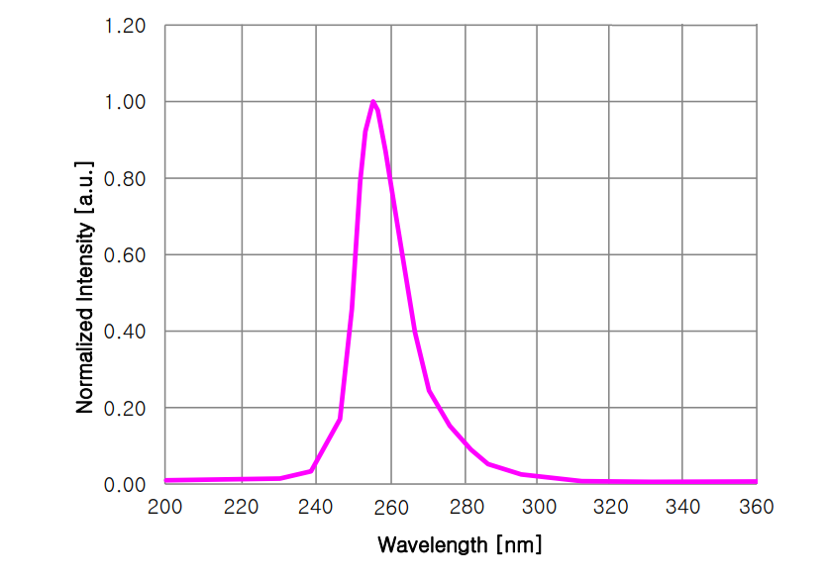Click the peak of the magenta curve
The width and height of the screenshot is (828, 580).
coord(372,101)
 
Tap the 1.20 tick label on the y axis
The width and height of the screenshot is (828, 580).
coord(126,26)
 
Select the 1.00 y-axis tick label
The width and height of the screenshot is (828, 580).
coord(126,102)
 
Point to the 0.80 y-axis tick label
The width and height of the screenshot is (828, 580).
coord(126,179)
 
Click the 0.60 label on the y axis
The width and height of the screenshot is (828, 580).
coord(126,255)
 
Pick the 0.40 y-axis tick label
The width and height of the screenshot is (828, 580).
coord(126,332)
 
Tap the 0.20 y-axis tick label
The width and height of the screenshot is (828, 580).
coord(126,409)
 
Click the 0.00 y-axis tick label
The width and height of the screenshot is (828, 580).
coord(126,485)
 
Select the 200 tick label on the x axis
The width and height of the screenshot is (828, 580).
coord(164,508)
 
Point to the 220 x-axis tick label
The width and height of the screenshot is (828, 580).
coord(241,508)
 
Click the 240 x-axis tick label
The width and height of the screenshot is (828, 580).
coord(316,508)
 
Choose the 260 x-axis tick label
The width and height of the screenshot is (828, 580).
coord(390,508)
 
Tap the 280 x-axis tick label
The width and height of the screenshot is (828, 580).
coord(465,508)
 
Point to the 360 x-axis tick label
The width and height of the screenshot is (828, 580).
coord(757,508)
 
